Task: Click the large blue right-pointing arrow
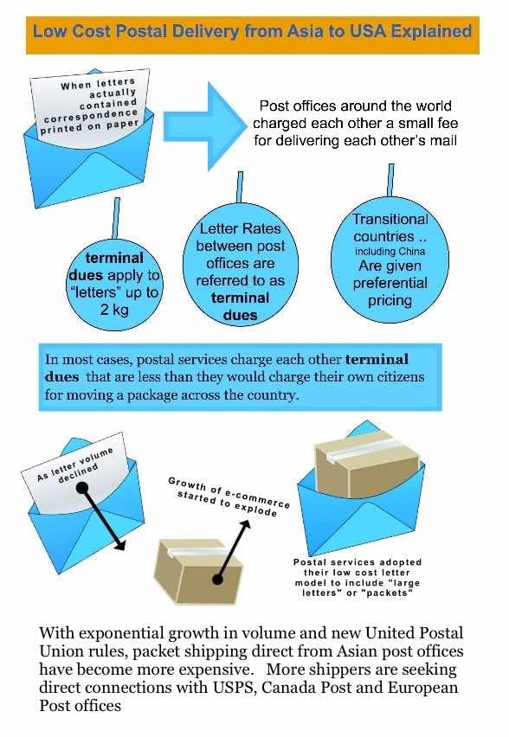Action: [x=204, y=126]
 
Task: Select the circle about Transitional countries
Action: [x=390, y=260]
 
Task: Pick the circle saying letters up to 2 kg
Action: [x=114, y=282]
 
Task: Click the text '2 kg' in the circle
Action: [x=114, y=310]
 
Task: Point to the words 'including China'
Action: [x=390, y=252]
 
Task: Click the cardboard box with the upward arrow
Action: [x=197, y=571]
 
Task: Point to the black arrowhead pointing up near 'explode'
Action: [x=245, y=524]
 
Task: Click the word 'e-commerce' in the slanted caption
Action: [x=257, y=497]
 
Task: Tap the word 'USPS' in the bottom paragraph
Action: [x=235, y=687]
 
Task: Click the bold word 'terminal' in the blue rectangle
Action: [x=377, y=360]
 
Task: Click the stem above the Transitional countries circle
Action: [x=390, y=180]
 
